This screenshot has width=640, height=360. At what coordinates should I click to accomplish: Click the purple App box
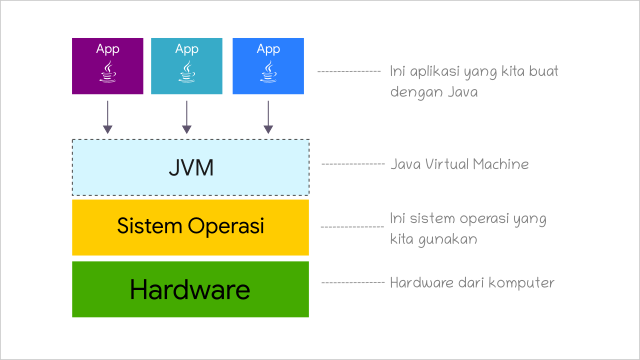[108, 65]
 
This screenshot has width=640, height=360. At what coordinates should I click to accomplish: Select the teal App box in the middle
[187, 65]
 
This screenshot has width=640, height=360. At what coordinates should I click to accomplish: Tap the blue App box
[268, 65]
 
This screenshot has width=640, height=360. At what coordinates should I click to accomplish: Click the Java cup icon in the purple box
[108, 73]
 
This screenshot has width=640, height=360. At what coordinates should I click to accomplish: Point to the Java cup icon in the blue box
[268, 73]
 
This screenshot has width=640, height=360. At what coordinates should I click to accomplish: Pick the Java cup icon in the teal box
[187, 73]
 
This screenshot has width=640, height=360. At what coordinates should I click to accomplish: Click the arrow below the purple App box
[108, 117]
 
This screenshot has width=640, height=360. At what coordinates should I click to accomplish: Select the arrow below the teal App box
[187, 117]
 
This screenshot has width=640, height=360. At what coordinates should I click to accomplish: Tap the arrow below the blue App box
[268, 117]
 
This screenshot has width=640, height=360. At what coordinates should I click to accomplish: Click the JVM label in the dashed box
[191, 167]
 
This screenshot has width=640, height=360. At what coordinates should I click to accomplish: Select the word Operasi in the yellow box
[226, 226]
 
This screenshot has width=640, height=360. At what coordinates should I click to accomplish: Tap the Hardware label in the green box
[190, 290]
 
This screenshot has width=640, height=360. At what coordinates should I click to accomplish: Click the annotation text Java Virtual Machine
[459, 164]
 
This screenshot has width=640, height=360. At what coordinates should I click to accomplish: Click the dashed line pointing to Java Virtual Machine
[352, 163]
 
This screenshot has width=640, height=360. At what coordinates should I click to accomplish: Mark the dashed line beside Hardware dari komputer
[352, 283]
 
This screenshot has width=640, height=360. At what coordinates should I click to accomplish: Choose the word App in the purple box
[108, 48]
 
